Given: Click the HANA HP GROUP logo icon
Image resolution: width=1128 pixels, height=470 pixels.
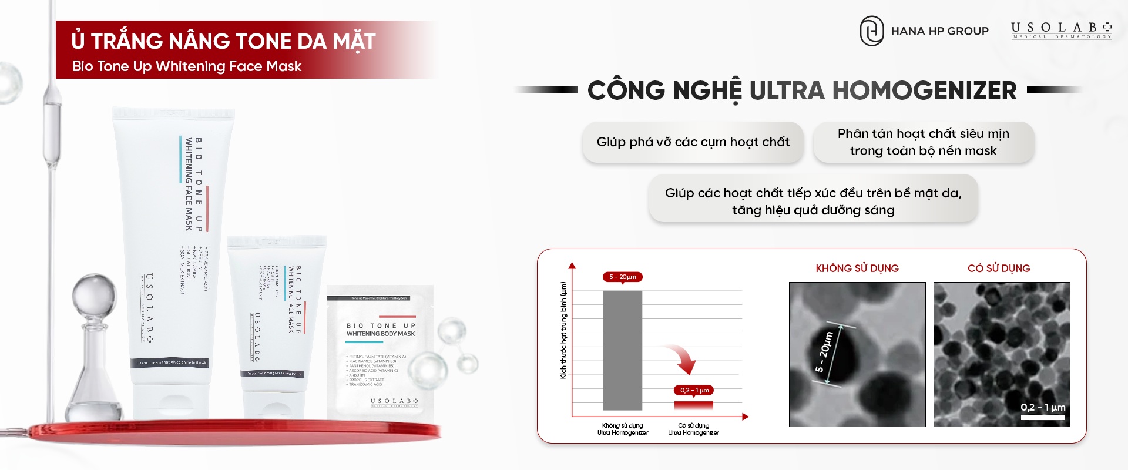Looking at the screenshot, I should coord(871,31).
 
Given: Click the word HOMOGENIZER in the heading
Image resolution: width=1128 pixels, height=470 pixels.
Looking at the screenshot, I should coord(924,90).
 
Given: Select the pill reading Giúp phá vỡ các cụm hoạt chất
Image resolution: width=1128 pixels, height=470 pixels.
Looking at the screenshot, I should coord(693,142).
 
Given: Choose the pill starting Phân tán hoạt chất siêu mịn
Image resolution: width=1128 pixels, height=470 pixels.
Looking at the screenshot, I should coord(923,142).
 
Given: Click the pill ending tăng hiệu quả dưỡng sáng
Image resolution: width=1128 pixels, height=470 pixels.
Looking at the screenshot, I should coord(813,201).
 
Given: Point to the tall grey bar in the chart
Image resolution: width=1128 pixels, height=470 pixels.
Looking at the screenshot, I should coord(622,350).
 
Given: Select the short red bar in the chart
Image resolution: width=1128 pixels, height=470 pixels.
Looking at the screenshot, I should coord(693,405).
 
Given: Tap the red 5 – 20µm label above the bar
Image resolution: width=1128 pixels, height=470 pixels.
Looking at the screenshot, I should coord(622,277).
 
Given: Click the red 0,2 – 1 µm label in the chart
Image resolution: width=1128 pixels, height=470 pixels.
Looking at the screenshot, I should coord(694,390).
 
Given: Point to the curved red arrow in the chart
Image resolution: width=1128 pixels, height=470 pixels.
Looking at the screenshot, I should coord(683,359).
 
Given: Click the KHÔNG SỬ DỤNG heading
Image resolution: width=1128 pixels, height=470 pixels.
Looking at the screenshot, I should coord(857,268).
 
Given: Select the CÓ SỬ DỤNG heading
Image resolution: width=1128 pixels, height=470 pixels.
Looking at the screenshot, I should coord(999,268).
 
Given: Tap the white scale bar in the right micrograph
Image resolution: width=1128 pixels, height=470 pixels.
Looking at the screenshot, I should coord(1043,418).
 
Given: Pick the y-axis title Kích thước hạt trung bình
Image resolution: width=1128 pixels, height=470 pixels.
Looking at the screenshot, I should coord(563,330).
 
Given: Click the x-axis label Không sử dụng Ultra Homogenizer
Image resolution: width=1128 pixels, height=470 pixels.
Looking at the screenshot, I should coord(623,429).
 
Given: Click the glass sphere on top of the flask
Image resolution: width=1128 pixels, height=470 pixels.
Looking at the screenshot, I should coord(94,293).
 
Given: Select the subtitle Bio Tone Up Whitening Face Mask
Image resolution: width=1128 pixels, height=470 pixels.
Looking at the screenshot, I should coord(187,66).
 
